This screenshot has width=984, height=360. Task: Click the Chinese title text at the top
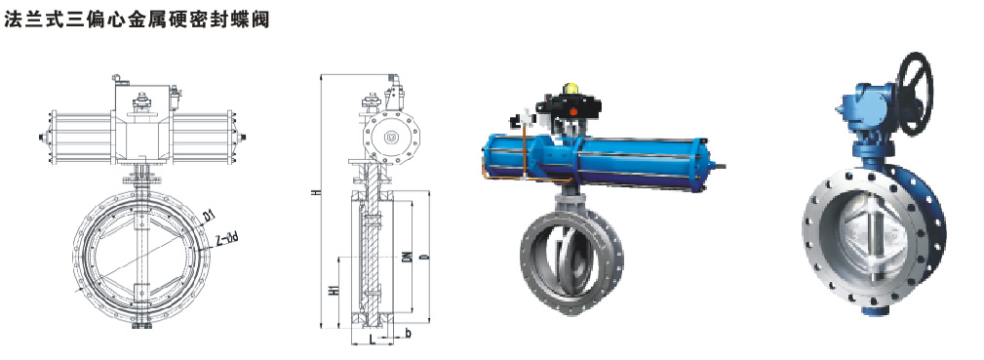(x=138, y=19)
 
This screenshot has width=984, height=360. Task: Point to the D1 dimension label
(x=209, y=217)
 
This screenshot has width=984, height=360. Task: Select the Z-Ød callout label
(x=225, y=239)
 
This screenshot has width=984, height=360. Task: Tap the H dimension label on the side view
(x=318, y=190)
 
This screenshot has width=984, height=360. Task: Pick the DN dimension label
(x=407, y=257)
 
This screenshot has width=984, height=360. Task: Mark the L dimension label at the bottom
(x=373, y=340)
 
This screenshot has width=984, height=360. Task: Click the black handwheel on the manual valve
(x=915, y=93)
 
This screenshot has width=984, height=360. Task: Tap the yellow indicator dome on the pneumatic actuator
(x=571, y=88)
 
